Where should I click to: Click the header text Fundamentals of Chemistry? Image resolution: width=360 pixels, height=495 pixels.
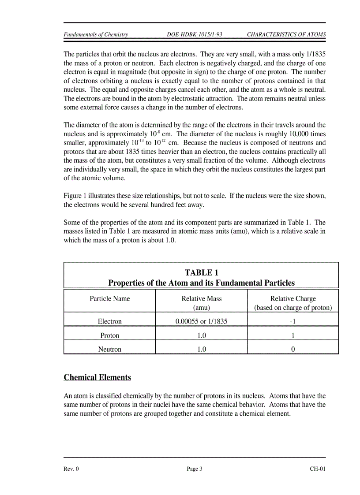pos(96,34)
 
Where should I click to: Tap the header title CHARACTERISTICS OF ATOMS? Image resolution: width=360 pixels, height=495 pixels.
pos(286,34)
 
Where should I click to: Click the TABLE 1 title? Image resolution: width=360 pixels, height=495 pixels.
pos(201,273)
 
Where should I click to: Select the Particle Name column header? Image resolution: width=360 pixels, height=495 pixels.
pos(110,298)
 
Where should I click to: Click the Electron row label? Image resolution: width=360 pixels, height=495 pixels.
pos(110,321)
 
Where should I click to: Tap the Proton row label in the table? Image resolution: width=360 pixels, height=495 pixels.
pos(110,335)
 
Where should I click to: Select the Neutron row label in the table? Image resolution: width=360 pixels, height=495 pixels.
pos(110,349)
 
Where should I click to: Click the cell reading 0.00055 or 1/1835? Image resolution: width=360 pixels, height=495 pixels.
pos(202,321)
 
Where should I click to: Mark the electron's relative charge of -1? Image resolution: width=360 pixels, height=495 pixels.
pos(293,321)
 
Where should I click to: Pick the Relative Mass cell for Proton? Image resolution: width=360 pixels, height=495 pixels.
pos(202,335)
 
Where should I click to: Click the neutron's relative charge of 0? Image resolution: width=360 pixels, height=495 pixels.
pos(293,349)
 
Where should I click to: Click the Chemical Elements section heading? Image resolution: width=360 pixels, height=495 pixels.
pos(97,377)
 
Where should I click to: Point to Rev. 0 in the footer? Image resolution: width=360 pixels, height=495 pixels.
pos(71,469)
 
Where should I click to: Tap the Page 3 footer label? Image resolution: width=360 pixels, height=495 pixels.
pos(195,469)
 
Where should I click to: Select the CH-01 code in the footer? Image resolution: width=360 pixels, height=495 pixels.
pos(317,469)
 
